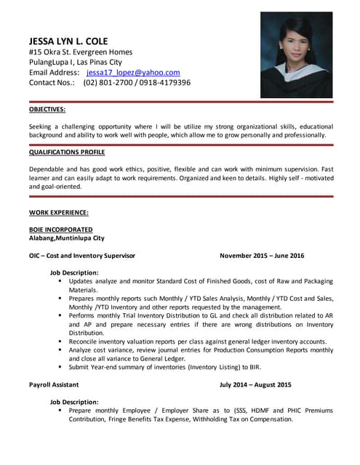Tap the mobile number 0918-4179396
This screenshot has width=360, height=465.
coord(159,83)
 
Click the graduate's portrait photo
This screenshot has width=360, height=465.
coord(296,55)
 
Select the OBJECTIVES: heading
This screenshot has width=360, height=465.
coord(47,109)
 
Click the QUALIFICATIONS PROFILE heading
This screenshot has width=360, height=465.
coord(67,153)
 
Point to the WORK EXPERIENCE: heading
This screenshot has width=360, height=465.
coord(59,213)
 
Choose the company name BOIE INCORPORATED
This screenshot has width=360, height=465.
coord(60,230)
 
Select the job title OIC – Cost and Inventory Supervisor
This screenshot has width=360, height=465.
coord(82,256)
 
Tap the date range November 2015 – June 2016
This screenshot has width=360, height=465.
coord(262,256)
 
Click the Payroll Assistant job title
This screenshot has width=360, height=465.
coord(54,384)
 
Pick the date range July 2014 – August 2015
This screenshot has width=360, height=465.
coord(255,384)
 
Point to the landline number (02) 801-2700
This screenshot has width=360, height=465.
coord(107,83)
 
